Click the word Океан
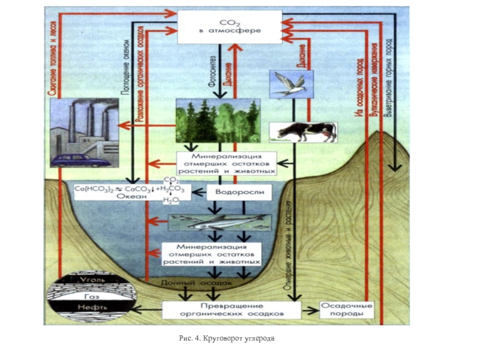tap(131, 196)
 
